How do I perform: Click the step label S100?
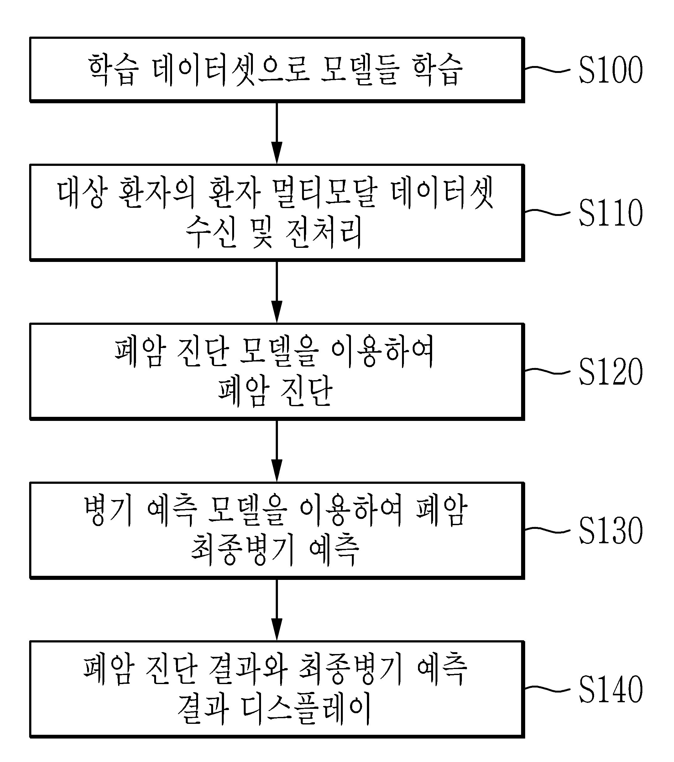[611, 69]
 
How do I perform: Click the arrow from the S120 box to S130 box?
[277, 451]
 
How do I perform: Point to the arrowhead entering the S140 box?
[277, 629]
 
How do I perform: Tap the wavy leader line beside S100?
[547, 69]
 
